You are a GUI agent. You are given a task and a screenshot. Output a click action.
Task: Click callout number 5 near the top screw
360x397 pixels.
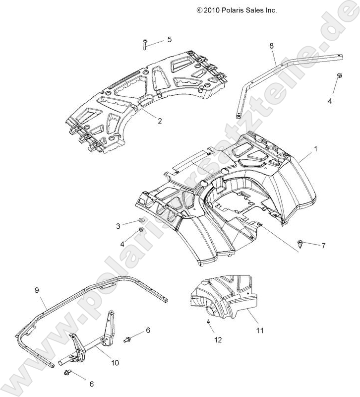pos(169,39)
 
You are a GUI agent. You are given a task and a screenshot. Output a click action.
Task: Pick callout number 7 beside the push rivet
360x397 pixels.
pos(323,246)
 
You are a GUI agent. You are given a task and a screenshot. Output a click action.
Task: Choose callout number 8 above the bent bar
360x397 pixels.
pos(271,46)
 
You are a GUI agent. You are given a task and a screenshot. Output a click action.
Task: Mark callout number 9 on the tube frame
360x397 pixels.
pos(37,289)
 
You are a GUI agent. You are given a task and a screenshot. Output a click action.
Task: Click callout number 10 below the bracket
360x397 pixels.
pos(115,363)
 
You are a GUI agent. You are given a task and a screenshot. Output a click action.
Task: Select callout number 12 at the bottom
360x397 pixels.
pos(218,340)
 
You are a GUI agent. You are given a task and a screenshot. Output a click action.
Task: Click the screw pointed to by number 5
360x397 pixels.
pos(143,45)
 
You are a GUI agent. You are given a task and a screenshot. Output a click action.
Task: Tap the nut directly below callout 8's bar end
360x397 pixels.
pos(339,75)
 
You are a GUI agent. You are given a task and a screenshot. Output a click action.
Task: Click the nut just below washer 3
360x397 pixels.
pos(141,229)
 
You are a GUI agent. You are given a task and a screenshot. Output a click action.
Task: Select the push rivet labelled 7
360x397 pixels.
pos(301,242)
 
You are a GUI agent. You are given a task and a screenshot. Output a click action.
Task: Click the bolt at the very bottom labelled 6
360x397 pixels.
pos(68,372)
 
